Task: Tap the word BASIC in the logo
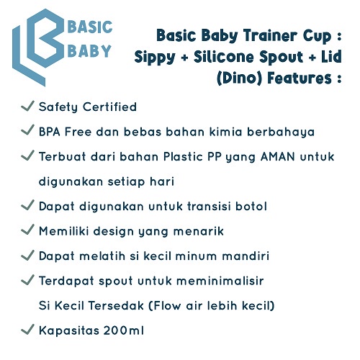point(90,27)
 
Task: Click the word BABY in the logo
point(89,51)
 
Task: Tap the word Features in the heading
point(300,78)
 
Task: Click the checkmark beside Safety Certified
point(27,106)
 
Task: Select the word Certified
point(109,107)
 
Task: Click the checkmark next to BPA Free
point(27,130)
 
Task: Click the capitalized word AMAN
point(278,157)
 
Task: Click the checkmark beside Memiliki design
point(27,230)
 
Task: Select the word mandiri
point(246,256)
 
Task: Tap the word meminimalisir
point(220,281)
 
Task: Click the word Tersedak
point(116,305)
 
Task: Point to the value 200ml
point(124,330)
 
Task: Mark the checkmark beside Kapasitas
point(27,329)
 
